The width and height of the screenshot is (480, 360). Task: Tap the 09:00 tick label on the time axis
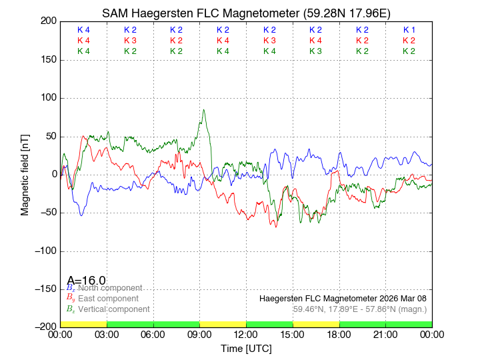pyautogui.click(x=199, y=334)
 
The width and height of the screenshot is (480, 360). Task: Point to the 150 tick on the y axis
pyautogui.click(x=47, y=60)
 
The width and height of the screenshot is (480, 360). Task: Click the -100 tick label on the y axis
pyautogui.click(x=43, y=251)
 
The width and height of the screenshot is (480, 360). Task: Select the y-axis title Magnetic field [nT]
pyautogui.click(x=25, y=173)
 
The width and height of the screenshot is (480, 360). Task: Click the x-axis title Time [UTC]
pyautogui.click(x=246, y=348)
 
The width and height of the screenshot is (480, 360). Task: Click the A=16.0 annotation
pyautogui.click(x=86, y=280)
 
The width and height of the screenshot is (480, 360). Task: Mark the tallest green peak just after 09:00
pyautogui.click(x=204, y=110)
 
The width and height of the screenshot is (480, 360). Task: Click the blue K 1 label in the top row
pyautogui.click(x=409, y=30)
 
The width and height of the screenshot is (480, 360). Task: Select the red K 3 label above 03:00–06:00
pyautogui.click(x=130, y=41)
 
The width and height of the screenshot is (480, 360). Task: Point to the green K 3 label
pyautogui.click(x=316, y=51)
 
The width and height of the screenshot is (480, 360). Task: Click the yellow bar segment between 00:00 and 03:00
pyautogui.click(x=83, y=323)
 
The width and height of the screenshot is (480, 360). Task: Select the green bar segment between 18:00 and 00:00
pyautogui.click(x=385, y=323)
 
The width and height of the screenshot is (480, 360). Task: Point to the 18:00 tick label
pyautogui.click(x=339, y=334)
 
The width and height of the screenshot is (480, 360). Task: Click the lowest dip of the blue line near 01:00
pyautogui.click(x=81, y=215)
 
